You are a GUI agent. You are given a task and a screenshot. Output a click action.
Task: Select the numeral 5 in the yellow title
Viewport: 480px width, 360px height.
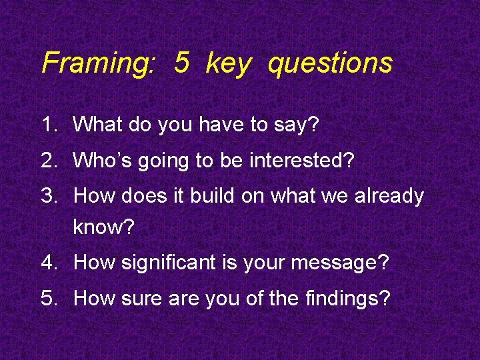point(181,63)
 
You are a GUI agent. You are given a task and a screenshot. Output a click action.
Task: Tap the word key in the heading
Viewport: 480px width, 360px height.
point(229,64)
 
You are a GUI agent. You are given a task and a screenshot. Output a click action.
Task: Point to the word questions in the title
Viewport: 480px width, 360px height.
point(331,64)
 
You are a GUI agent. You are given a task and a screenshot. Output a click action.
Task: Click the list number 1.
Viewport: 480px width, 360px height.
point(50,124)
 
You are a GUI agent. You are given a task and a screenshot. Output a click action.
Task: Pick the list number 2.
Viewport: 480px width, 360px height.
point(50,160)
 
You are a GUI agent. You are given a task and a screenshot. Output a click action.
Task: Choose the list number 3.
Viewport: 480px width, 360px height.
point(50,196)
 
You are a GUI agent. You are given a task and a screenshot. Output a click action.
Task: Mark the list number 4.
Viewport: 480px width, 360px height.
point(50,263)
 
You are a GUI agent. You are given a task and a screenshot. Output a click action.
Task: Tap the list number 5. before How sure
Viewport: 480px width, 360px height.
point(50,298)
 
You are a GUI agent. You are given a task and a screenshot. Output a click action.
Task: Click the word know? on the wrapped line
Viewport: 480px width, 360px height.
point(103,228)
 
